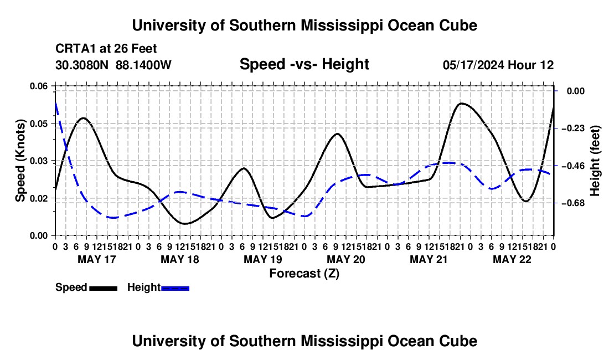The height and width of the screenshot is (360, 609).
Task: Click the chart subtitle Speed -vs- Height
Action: click(x=304, y=64)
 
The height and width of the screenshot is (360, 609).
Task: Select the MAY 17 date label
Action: click(x=97, y=259)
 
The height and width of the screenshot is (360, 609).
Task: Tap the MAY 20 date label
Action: click(x=345, y=259)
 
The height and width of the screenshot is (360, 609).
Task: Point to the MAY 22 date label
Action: click(x=512, y=259)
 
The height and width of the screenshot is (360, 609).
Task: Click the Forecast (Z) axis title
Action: click(x=304, y=274)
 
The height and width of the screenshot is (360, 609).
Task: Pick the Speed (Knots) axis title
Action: click(x=20, y=161)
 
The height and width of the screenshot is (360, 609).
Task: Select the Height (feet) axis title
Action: click(x=595, y=161)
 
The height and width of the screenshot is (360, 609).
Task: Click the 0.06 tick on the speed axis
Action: click(x=39, y=86)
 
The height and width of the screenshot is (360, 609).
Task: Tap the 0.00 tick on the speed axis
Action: click(x=39, y=236)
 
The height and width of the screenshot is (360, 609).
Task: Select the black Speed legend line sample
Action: click(x=104, y=288)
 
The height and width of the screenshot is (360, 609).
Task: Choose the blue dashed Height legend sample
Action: click(x=175, y=288)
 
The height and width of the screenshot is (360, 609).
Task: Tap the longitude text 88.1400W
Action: click(x=143, y=65)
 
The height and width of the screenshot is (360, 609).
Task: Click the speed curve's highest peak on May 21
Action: click(x=461, y=104)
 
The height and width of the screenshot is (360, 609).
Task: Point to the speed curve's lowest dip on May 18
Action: click(x=184, y=224)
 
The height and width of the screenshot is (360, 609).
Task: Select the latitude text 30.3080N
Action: click(x=82, y=65)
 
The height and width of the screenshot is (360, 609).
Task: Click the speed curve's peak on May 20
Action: click(x=337, y=133)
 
